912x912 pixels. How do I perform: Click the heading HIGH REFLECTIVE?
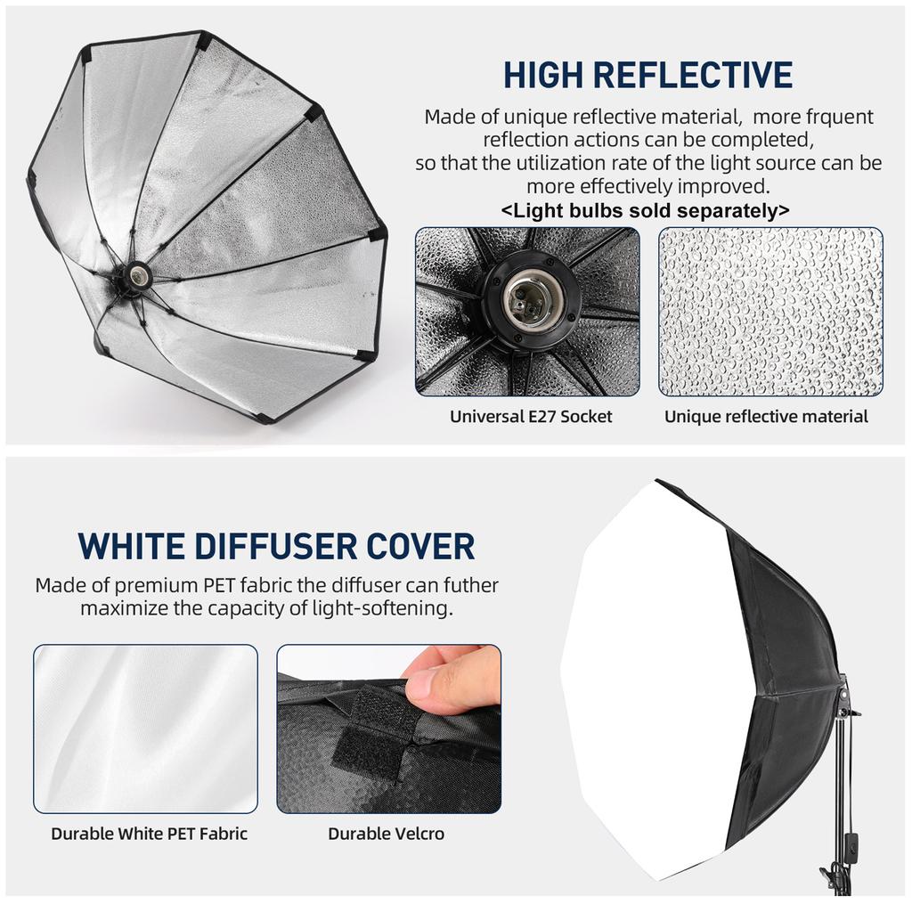(647, 75)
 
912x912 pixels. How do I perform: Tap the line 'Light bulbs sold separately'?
(646, 211)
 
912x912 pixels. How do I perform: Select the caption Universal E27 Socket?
(531, 416)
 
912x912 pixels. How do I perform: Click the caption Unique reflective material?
(766, 416)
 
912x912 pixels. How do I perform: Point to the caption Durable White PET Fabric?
(149, 834)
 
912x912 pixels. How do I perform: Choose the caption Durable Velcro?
(386, 834)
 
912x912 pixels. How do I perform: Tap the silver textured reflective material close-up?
(770, 312)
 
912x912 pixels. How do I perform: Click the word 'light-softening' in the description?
(386, 609)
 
